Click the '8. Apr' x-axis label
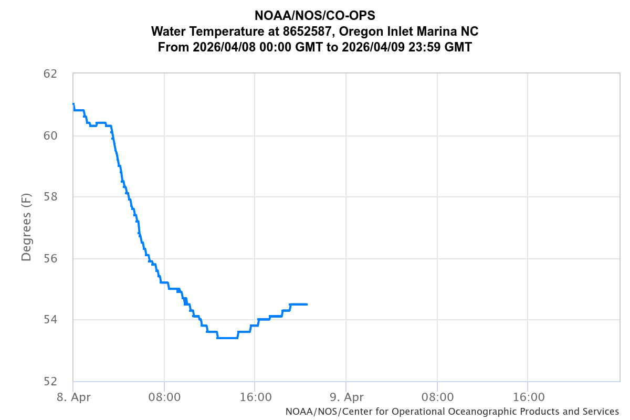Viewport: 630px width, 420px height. click(73, 397)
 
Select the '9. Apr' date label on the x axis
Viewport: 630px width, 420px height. click(346, 397)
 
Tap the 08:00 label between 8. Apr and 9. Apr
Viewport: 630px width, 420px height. click(164, 397)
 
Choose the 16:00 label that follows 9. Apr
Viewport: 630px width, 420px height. click(528, 397)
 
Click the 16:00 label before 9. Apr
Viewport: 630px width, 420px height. click(255, 397)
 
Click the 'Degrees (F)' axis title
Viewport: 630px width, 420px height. click(26, 227)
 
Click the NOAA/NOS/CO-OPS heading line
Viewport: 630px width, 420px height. click(315, 16)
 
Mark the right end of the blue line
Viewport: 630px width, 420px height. click(307, 304)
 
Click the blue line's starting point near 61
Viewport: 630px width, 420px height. click(73, 104)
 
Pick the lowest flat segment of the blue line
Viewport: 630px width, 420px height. click(227, 338)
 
